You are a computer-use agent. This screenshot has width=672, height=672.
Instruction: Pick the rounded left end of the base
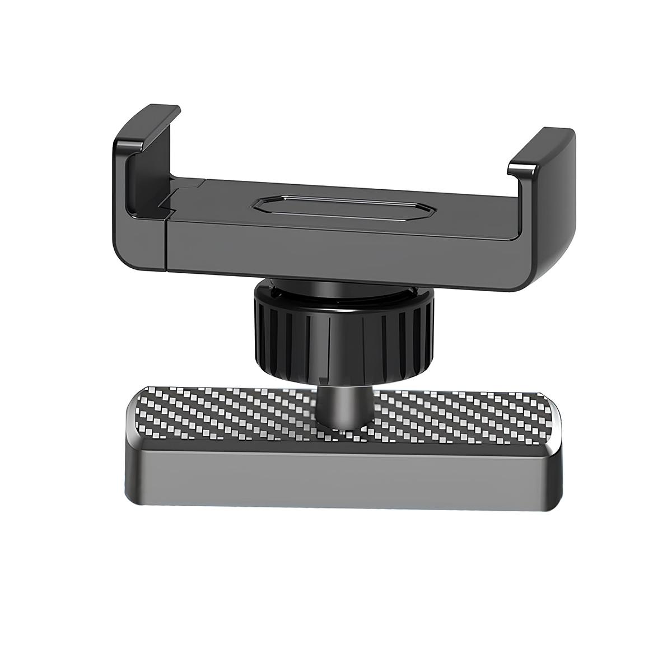pyautogui.click(x=134, y=442)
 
